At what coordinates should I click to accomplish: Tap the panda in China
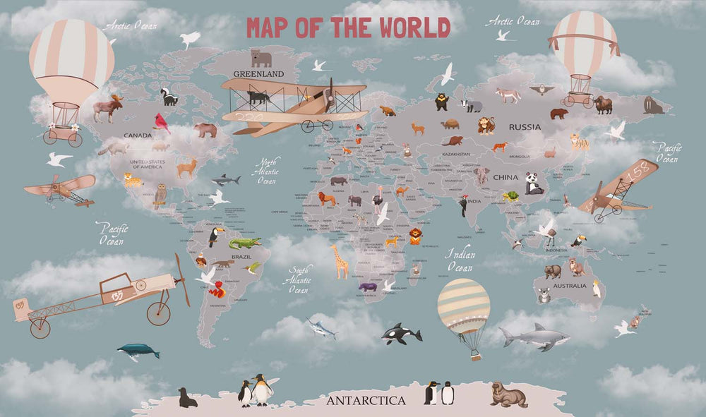(x=534, y=183)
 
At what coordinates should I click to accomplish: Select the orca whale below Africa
(x=400, y=334)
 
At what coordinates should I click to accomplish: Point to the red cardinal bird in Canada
(x=162, y=123)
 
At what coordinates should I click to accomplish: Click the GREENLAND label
(x=258, y=73)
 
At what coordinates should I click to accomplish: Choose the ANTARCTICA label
(x=366, y=401)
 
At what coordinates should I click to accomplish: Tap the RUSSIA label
(x=525, y=128)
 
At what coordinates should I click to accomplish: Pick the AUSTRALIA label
(x=569, y=286)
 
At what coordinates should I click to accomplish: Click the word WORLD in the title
(x=414, y=28)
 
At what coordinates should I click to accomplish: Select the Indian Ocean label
(x=460, y=260)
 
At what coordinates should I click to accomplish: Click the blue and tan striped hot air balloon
(x=463, y=307)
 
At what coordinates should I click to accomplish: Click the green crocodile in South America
(x=244, y=243)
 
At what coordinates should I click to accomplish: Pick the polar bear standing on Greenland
(x=261, y=58)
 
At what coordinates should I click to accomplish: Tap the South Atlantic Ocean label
(x=299, y=279)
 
